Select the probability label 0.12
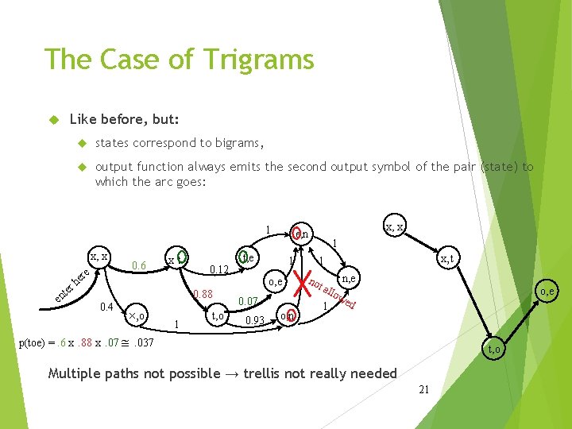(219, 270)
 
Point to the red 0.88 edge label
(203, 295)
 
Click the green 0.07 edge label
(248, 301)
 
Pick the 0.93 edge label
(254, 321)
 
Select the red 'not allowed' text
(332, 293)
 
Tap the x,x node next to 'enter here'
(99, 257)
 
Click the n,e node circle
(348, 277)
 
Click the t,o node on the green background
(493, 348)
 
